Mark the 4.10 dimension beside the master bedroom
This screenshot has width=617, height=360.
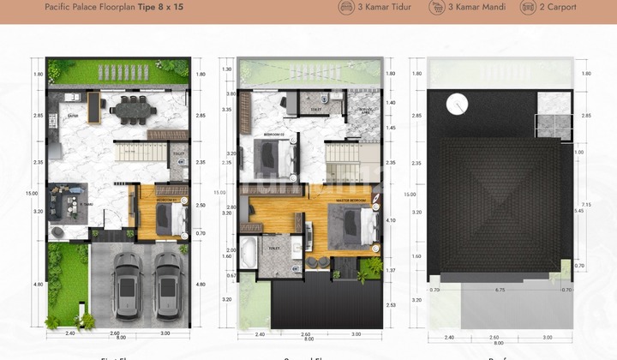tap(390, 220)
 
